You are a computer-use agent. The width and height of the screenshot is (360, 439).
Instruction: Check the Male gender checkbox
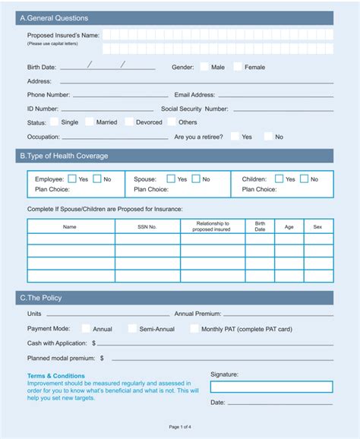click(x=204, y=67)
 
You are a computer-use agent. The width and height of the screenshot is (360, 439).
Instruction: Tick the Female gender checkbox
click(x=238, y=67)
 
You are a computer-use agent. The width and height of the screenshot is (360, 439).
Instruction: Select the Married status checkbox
click(x=90, y=122)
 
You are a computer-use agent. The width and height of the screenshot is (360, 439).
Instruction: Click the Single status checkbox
click(x=55, y=122)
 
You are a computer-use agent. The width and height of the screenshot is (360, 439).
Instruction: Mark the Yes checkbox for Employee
click(x=72, y=179)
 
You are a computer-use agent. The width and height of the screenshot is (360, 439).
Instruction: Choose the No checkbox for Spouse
click(x=196, y=179)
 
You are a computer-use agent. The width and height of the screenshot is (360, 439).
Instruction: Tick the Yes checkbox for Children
click(x=279, y=179)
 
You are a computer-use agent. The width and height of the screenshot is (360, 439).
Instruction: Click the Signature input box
click(x=271, y=387)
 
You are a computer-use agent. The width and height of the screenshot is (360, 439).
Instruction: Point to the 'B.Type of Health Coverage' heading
click(x=64, y=156)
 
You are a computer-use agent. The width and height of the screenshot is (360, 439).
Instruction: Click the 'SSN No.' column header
click(x=147, y=226)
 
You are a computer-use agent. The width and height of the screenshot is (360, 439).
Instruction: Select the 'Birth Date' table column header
click(x=260, y=226)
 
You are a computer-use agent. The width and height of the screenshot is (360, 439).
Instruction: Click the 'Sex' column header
click(x=317, y=226)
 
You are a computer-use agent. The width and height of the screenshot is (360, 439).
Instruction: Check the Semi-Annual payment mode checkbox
click(x=132, y=329)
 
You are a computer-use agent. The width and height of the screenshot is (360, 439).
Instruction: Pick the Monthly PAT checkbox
click(x=194, y=329)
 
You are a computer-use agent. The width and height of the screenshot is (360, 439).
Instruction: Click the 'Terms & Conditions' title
click(x=56, y=375)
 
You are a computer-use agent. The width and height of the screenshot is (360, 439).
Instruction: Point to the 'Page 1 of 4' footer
click(x=180, y=427)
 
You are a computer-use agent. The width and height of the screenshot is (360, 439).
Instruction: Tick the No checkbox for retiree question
click(x=268, y=137)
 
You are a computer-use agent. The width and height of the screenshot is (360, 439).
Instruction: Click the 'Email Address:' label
click(x=194, y=95)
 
